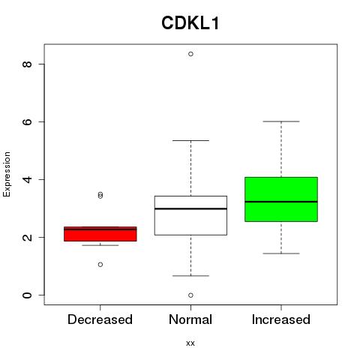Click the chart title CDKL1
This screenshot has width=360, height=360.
(x=190, y=23)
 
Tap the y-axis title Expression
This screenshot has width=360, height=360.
(x=7, y=174)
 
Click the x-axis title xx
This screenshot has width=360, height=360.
(x=190, y=343)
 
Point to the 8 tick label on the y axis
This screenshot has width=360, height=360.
(x=27, y=64)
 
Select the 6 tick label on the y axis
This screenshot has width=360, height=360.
(x=27, y=121)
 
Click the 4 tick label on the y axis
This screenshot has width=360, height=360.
(x=27, y=179)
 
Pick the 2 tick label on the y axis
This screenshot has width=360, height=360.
(x=27, y=237)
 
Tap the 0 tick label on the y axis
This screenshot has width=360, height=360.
(x=27, y=295)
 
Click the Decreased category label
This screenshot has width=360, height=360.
(x=100, y=319)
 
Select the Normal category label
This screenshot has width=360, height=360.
(x=190, y=319)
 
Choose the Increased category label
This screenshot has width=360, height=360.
(x=281, y=319)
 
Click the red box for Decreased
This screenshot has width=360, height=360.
(x=100, y=234)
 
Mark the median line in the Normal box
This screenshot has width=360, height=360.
(x=190, y=208)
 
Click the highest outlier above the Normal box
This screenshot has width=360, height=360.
(x=190, y=54)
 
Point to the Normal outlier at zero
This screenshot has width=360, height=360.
(x=190, y=295)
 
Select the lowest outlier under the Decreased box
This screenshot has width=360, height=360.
(x=100, y=265)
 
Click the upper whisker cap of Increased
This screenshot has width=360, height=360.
(x=281, y=121)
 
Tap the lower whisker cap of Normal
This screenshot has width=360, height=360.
(x=190, y=276)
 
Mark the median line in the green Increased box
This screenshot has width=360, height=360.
(x=281, y=202)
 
